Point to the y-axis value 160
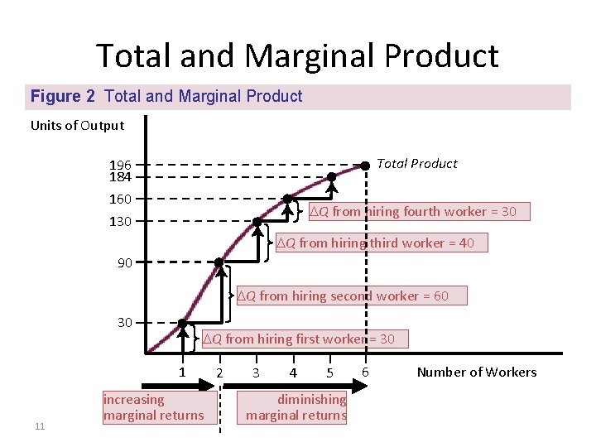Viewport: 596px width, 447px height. tap(120, 199)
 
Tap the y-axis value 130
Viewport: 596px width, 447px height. tap(120, 221)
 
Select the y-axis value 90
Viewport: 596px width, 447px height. tap(123, 263)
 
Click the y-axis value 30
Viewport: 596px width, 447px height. tap(124, 322)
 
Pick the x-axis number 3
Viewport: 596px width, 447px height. tap(256, 372)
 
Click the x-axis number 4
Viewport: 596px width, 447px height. tap(293, 372)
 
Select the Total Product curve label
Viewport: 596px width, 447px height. tap(416, 164)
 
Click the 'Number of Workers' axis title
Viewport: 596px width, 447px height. tap(476, 372)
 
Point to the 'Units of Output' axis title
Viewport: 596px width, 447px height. tap(77, 126)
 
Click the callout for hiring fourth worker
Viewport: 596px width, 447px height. tap(412, 212)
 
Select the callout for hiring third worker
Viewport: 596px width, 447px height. tap(380, 243)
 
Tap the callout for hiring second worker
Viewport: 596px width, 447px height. tap(348, 296)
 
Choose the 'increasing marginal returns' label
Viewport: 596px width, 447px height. tap(153, 407)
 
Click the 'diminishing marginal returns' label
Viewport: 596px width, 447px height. tap(296, 407)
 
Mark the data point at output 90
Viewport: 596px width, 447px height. tap(219, 263)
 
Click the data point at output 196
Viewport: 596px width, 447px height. tap(364, 165)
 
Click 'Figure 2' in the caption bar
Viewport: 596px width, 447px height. tap(62, 97)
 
